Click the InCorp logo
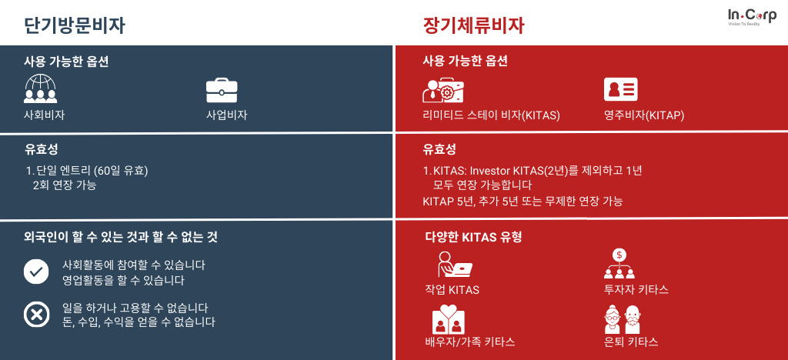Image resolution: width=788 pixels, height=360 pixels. [752, 17]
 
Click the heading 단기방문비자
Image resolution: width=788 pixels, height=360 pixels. [75, 26]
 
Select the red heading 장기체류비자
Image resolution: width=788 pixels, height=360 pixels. [474, 26]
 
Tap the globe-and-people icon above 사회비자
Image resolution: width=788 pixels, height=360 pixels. [40, 89]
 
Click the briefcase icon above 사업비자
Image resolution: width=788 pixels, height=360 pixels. [222, 90]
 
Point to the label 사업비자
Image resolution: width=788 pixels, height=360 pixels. [227, 115]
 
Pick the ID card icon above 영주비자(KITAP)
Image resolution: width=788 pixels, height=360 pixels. [621, 89]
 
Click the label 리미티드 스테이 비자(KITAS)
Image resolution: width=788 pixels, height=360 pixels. [492, 115]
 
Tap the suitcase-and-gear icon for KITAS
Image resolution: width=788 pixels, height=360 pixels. [442, 90]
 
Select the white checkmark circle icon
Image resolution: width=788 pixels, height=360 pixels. [36, 272]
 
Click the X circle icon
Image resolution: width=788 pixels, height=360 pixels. [36, 315]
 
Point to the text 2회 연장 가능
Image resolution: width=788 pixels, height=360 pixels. [65, 185]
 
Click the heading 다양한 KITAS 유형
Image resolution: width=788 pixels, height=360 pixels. [473, 237]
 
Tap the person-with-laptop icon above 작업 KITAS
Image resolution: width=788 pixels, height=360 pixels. [455, 264]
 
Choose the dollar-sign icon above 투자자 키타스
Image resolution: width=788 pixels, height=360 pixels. [619, 264]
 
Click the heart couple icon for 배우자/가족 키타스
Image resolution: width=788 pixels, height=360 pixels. [449, 318]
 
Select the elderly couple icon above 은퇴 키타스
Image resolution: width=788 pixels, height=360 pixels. [622, 318]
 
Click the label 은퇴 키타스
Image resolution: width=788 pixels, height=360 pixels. [631, 342]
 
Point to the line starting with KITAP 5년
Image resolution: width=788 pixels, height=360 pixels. [523, 202]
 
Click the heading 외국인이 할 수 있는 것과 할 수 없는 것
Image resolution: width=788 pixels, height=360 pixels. [121, 237]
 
